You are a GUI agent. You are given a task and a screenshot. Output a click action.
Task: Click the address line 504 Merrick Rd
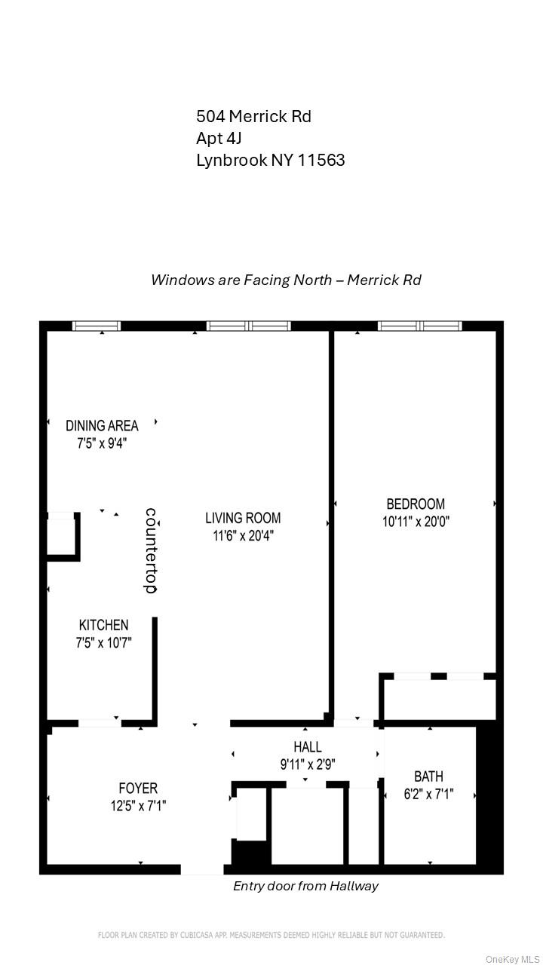coord(253,116)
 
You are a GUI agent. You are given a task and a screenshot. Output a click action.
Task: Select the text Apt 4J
coord(219,138)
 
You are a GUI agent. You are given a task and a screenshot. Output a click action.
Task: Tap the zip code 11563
coord(323,160)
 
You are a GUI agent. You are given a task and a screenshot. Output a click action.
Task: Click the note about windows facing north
coord(286,280)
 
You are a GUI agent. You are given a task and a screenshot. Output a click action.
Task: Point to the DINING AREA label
coord(102,426)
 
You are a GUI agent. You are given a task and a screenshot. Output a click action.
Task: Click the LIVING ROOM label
coord(243,518)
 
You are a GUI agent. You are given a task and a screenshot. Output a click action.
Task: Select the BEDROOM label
coord(416,504)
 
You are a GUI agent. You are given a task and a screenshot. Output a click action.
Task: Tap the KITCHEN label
coord(103,625)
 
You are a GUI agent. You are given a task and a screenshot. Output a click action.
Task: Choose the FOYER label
coord(138,789)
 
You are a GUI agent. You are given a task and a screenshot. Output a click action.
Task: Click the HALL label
coord(308,747)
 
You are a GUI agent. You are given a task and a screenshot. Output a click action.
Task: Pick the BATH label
coord(428,777)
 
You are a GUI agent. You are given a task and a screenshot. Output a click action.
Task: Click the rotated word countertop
coord(151,550)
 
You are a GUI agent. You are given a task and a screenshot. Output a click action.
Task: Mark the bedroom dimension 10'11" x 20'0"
coord(416,521)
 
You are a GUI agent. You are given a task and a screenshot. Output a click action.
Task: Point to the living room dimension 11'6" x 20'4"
coord(243,535)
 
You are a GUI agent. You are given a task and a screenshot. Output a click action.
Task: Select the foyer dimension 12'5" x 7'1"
coord(138,806)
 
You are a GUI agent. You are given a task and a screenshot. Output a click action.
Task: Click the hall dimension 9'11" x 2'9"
coord(308,764)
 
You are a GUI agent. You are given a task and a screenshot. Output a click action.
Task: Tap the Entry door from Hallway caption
coord(305,886)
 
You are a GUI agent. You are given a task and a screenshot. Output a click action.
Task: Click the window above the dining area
coord(97,326)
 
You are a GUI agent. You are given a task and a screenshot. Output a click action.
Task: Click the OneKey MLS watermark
coord(512,959)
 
